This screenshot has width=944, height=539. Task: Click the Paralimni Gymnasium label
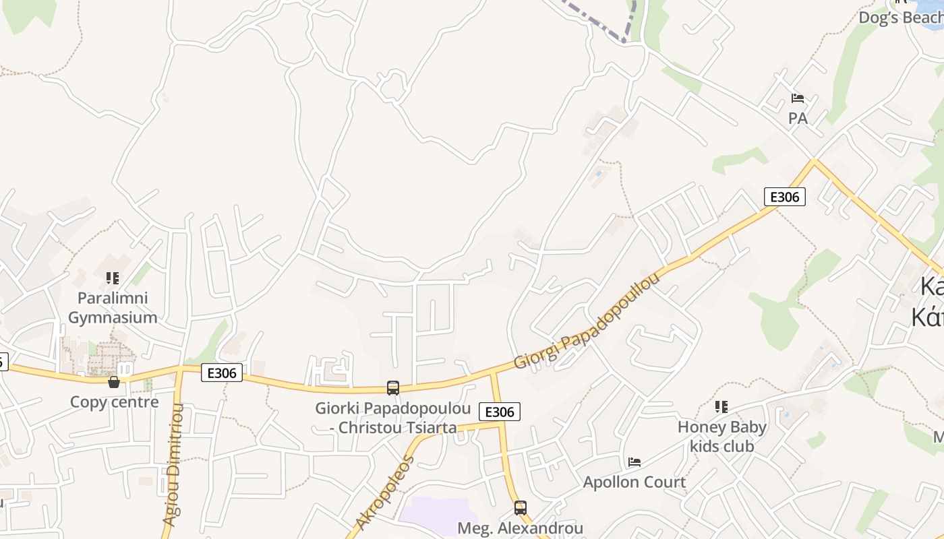[113, 307]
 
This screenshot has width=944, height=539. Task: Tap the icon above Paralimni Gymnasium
[113, 278]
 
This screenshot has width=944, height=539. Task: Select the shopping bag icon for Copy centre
[114, 382]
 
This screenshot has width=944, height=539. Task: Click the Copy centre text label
[115, 402]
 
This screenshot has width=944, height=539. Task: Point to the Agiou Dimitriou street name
[173, 466]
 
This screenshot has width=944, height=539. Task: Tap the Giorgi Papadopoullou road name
[587, 321]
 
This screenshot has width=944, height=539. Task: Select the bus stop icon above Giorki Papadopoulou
[393, 388]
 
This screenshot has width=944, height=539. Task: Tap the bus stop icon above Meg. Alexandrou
[520, 507]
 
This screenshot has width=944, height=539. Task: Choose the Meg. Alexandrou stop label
[520, 528]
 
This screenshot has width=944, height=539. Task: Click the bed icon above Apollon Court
[634, 462]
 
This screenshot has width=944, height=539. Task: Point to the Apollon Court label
[635, 482]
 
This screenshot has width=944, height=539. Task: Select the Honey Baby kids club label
[722, 437]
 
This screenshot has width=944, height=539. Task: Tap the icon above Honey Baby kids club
[721, 407]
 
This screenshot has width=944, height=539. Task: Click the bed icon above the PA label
[798, 98]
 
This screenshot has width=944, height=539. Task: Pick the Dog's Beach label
[901, 17]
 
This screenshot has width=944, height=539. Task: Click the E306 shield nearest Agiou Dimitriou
[222, 372]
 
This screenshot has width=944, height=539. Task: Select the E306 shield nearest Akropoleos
[500, 412]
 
